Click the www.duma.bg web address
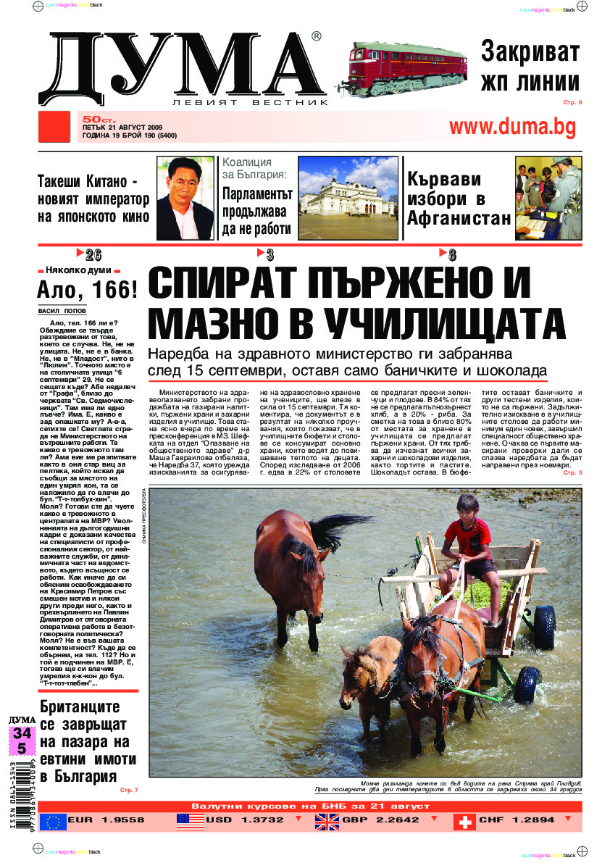(512, 127)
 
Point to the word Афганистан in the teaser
(459, 219)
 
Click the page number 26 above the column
(93, 254)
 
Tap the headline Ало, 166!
(86, 290)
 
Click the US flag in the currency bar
(191, 820)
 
